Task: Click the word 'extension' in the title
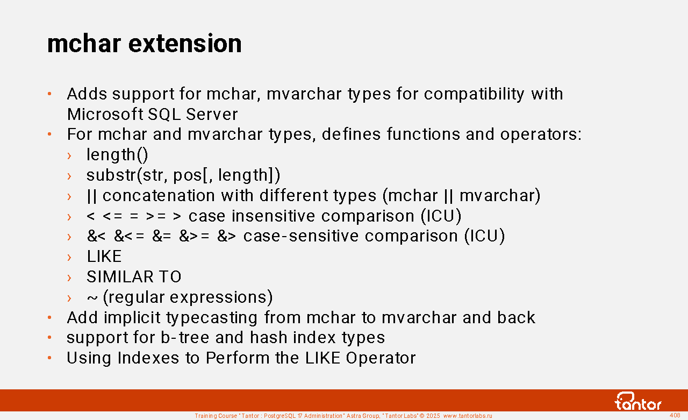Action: tap(185, 44)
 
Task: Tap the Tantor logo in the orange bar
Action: tap(637, 401)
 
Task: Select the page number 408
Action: tap(675, 415)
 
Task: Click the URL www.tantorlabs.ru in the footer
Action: tap(468, 416)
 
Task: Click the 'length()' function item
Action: tap(117, 154)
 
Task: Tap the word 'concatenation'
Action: tap(159, 196)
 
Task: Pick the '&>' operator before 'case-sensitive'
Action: tap(227, 236)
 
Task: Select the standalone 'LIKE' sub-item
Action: tap(104, 256)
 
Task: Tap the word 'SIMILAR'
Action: tap(120, 276)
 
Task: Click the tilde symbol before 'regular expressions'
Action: tap(92, 298)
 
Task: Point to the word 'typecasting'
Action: tap(212, 318)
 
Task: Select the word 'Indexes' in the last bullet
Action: tap(148, 358)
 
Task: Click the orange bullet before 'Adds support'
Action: tap(49, 94)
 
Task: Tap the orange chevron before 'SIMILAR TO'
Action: tap(69, 277)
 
